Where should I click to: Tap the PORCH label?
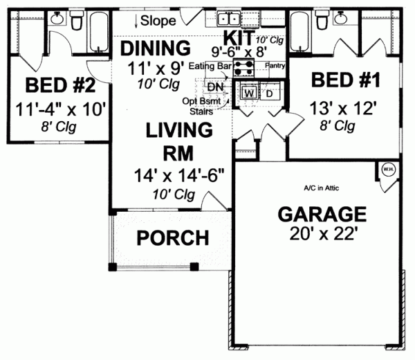click(x=172, y=237)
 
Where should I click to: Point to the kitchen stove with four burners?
click(x=243, y=68)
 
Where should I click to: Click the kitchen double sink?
click(x=228, y=19)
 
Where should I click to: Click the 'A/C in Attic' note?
click(x=322, y=188)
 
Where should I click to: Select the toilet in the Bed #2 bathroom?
click(x=77, y=24)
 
